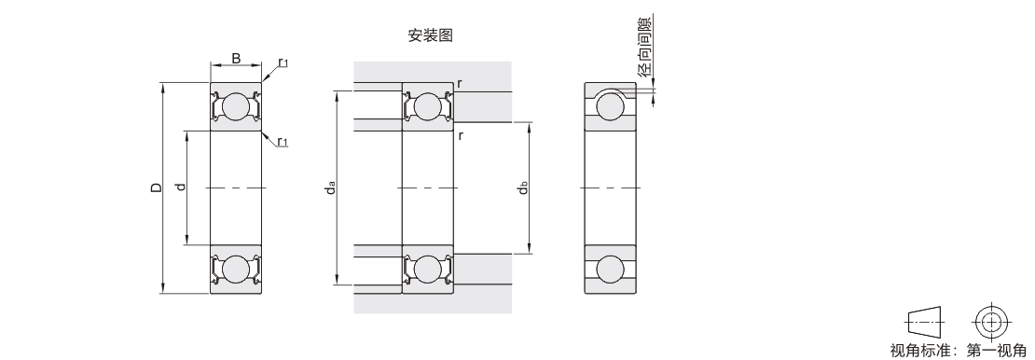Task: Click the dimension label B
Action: [236, 59]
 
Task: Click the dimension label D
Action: [156, 187]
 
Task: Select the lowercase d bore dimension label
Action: [181, 187]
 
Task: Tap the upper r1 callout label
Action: [283, 62]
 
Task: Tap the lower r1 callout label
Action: [283, 142]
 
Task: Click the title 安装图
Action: [431, 35]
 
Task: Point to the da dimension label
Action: [331, 187]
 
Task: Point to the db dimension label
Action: [523, 187]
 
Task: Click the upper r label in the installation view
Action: [460, 84]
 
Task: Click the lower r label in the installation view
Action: [460, 136]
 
